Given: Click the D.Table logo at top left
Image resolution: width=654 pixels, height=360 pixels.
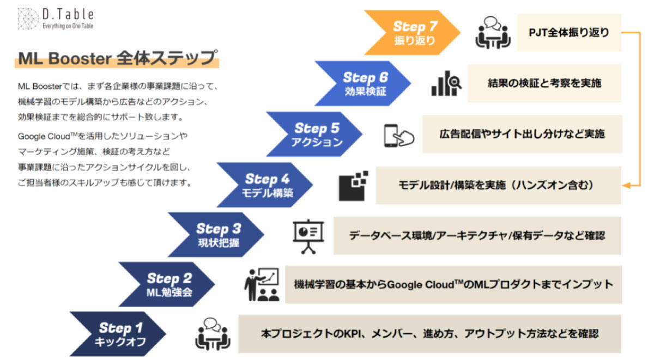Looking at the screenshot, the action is coord(56,19).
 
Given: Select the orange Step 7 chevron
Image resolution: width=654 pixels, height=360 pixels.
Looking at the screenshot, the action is coord(412,33).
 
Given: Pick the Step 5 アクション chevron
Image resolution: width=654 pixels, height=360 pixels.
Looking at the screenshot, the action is coord(314,134).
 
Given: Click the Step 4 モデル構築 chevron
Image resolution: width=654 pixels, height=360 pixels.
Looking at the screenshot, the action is coord(265,185).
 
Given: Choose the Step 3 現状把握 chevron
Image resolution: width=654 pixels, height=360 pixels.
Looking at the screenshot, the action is coord(216,235).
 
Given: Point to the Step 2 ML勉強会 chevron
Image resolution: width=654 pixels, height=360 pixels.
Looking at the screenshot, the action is coord(167,284).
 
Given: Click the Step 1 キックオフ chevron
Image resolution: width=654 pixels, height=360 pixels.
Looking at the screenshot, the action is coord(118,334).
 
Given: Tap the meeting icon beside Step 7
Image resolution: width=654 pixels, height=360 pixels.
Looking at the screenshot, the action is coord(493,32).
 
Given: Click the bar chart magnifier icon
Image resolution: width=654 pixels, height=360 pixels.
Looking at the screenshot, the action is coord(446,83).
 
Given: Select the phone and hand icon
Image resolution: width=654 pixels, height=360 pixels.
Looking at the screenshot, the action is coord(399,136).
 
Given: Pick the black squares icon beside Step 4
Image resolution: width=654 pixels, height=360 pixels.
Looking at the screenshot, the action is coord(353,186).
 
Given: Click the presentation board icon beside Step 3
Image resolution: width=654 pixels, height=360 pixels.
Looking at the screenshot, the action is coord(308,236).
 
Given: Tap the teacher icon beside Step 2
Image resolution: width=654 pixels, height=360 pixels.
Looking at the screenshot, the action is coord(262,284).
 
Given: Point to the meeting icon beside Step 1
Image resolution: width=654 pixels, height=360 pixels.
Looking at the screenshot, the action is coord(213,334).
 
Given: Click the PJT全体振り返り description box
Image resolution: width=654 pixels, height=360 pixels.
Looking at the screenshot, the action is coord(569,33).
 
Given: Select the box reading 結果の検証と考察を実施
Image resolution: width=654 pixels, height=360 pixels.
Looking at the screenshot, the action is coord(544,83).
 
